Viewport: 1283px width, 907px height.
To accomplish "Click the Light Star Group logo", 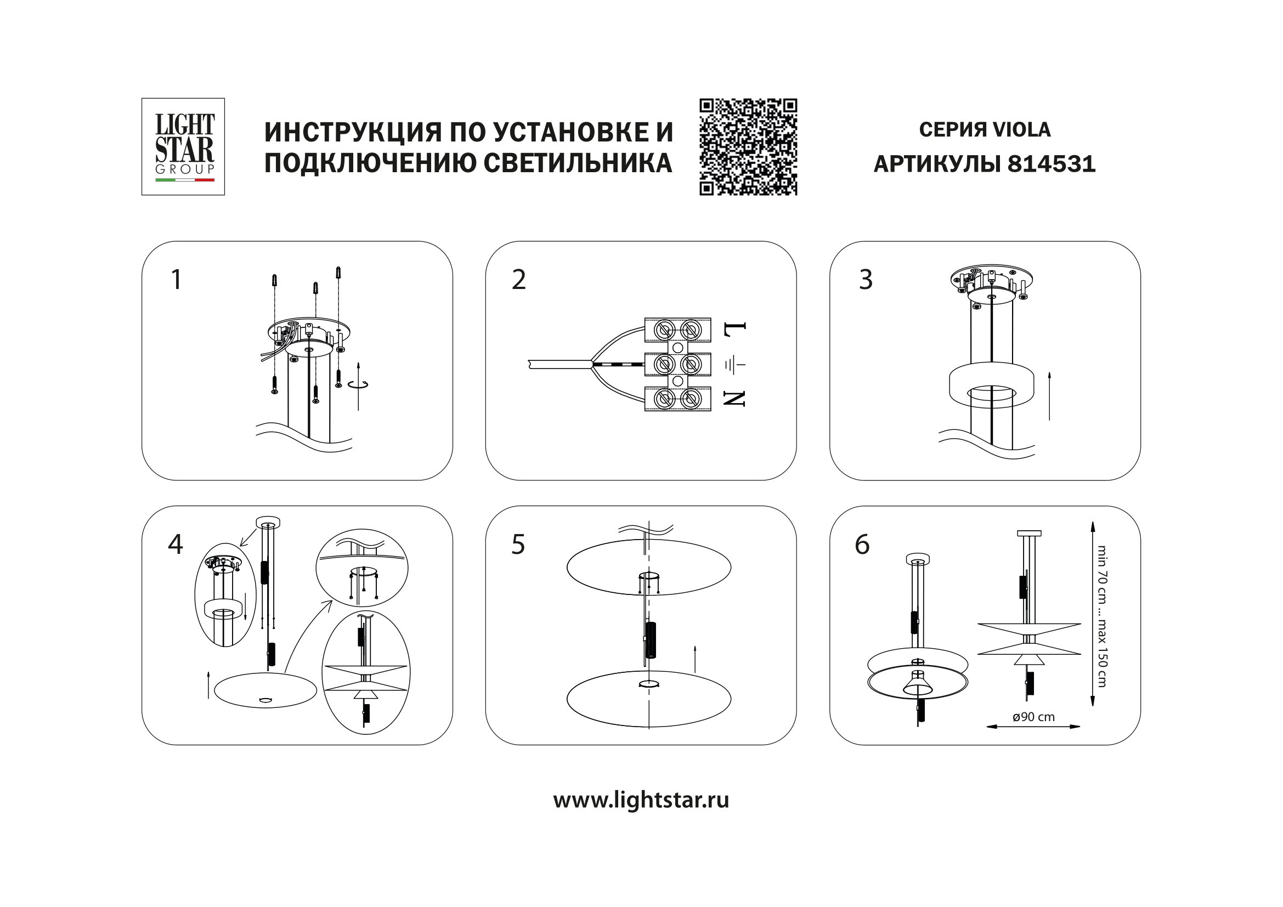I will [183, 146].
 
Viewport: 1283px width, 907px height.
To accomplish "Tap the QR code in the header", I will [748, 147].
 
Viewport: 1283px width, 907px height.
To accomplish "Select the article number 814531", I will [1051, 164].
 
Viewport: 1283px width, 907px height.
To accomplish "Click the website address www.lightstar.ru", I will [640, 800].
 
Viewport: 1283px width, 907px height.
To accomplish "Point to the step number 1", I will [176, 279].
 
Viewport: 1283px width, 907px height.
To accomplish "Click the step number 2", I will [518, 279].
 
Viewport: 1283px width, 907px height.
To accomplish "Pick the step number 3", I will [866, 279].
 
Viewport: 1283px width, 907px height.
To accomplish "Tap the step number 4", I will [176, 544].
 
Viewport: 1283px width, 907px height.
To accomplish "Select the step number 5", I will [518, 544].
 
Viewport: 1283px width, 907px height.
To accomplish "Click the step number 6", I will [862, 544].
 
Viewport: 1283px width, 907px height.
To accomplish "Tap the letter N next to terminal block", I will [734, 398].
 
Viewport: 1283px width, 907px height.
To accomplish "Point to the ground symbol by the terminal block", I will [735, 365].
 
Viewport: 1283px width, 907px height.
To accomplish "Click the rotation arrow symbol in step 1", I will [358, 384].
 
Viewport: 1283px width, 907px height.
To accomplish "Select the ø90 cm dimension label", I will [1033, 717].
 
